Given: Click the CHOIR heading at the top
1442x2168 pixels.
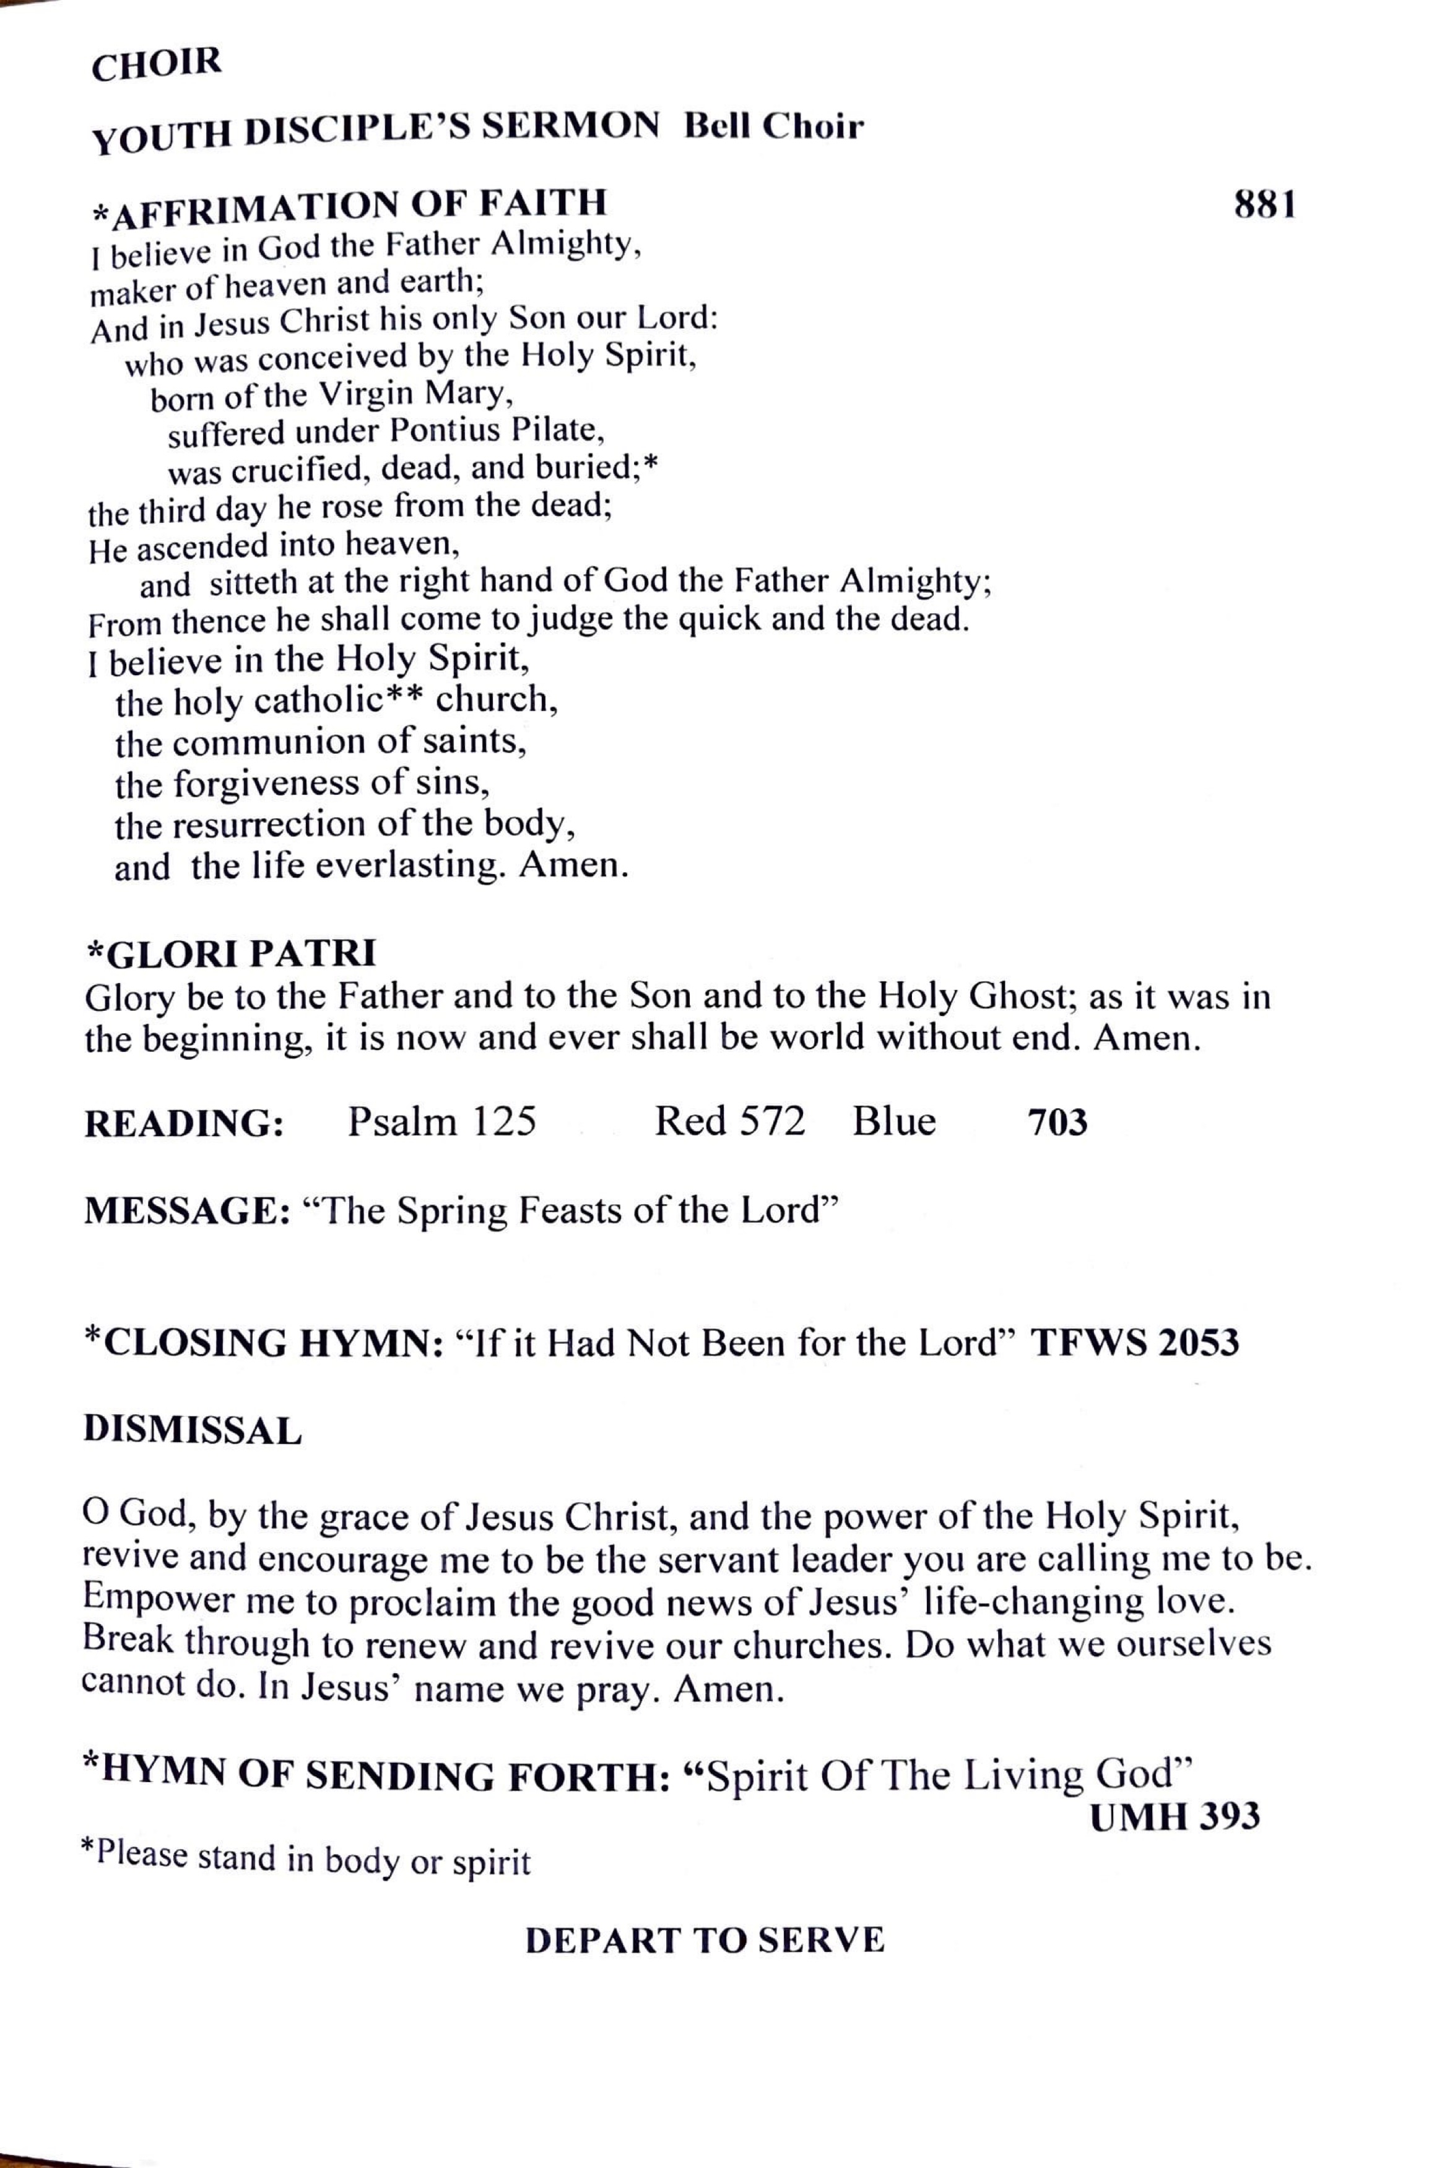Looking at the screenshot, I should (x=157, y=64).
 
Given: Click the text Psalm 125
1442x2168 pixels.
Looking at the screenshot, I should (x=441, y=1121).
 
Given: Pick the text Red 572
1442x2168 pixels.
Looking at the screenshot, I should (x=729, y=1121).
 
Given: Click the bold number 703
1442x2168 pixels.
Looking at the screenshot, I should (x=1057, y=1123).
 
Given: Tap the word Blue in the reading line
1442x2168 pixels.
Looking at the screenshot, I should (x=894, y=1121).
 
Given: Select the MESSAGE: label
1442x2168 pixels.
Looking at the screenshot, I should (x=188, y=1212).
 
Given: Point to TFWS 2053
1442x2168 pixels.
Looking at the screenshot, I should (x=1135, y=1344).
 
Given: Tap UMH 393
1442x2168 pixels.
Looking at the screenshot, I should (x=1175, y=1817).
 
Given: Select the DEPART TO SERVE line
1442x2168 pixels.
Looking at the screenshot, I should (x=705, y=1940).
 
